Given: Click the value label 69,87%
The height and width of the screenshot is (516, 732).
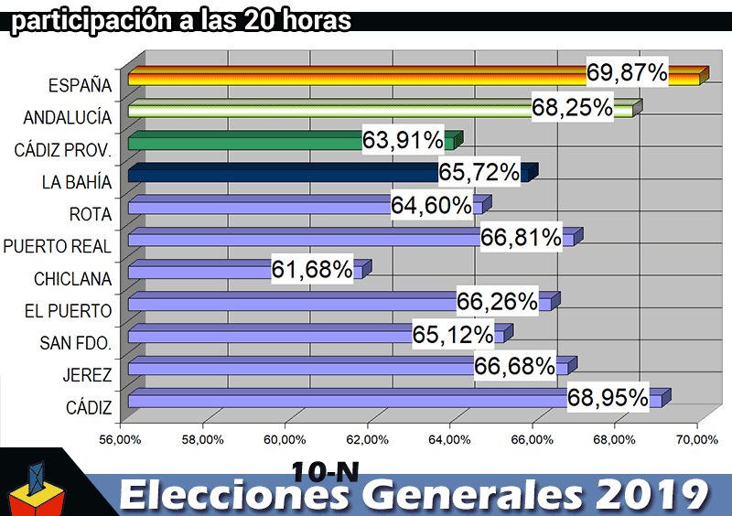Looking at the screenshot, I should click(x=627, y=73).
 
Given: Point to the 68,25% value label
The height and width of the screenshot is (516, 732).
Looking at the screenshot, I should click(x=572, y=107).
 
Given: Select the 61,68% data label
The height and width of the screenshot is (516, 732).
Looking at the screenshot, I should click(x=312, y=269).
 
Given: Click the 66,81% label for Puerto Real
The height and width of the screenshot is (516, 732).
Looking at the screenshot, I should click(x=521, y=238).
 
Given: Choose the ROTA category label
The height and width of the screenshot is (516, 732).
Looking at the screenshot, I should click(x=90, y=214).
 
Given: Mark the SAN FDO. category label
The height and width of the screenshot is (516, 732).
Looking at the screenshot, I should click(x=76, y=343).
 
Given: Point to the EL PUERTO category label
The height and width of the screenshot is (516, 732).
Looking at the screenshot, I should click(x=69, y=311).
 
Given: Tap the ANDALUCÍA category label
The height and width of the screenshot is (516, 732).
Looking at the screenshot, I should click(x=68, y=118).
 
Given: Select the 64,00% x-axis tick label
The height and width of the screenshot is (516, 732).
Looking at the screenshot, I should click(x=450, y=440).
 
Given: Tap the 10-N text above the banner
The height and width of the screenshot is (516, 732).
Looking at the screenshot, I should click(x=325, y=470).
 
